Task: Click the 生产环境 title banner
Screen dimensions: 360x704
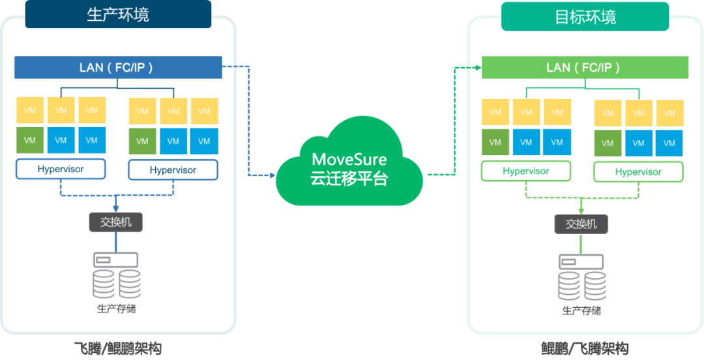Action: point(118,14)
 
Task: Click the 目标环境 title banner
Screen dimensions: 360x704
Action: point(585,16)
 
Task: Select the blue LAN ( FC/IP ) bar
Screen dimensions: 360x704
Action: point(118,68)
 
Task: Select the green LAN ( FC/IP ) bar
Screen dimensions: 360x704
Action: point(585,67)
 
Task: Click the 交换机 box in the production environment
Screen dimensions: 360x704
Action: point(115,222)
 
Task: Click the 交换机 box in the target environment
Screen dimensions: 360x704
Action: point(581,224)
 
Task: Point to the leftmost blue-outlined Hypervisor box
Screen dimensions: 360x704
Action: point(61,170)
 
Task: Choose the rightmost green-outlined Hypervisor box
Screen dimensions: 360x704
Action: point(638,172)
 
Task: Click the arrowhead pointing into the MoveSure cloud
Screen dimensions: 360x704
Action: point(271,175)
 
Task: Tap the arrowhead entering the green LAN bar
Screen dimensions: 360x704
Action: point(477,67)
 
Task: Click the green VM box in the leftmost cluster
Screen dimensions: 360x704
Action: point(30,140)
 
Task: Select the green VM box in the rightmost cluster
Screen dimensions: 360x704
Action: point(608,143)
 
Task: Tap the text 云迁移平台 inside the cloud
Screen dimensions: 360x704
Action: point(349,178)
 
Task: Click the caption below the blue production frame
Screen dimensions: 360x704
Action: point(118,349)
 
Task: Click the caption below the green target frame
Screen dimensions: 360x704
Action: point(585,349)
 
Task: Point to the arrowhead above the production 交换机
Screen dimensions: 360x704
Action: point(115,208)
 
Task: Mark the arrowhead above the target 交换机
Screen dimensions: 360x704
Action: point(581,210)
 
